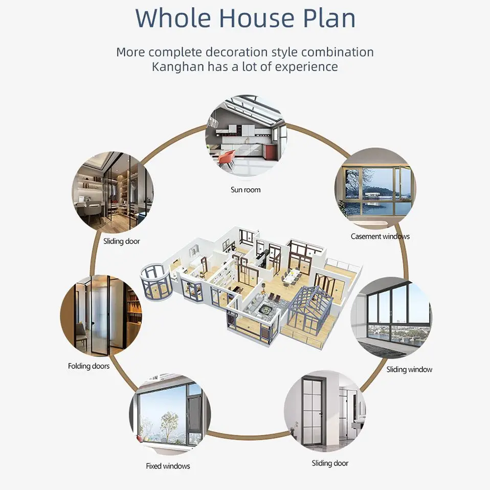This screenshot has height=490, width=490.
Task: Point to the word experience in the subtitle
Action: (x=306, y=66)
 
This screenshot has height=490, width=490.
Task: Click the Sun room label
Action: (x=246, y=190)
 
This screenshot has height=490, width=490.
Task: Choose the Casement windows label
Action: (x=380, y=236)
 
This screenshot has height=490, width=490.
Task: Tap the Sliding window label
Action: (x=409, y=369)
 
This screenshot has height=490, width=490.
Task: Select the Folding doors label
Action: (x=88, y=366)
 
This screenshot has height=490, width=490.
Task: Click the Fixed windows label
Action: (x=168, y=466)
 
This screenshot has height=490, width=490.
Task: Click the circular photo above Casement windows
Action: (x=375, y=189)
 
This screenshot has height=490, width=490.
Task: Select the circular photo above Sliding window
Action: (x=391, y=318)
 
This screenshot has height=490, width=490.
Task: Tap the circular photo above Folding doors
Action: (x=101, y=316)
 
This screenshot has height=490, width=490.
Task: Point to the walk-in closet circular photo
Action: (x=112, y=192)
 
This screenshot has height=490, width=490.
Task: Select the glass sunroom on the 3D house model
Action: (x=310, y=309)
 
